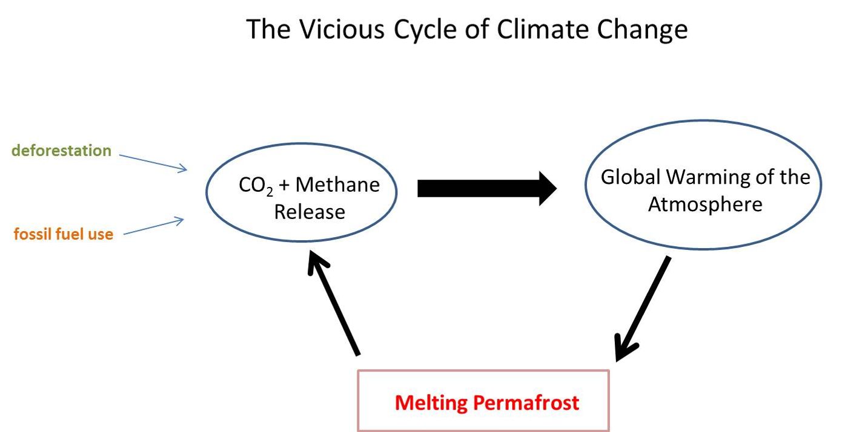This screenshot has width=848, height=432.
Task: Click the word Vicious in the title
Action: point(342,29)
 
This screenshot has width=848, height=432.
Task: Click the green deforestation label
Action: point(61,151)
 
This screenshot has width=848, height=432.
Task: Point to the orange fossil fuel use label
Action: point(63,234)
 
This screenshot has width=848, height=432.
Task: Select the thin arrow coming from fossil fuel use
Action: point(154,226)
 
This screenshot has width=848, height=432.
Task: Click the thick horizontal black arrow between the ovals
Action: point(487,188)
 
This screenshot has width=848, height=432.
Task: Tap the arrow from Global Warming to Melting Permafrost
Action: point(643,309)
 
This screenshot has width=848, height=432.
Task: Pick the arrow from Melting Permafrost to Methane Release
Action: point(334,303)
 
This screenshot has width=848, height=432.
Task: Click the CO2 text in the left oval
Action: point(256,186)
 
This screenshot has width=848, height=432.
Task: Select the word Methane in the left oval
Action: point(337,185)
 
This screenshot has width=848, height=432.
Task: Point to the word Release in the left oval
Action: point(310,212)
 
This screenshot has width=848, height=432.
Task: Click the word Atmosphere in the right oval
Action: point(705,205)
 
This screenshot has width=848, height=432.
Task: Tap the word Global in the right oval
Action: point(631,177)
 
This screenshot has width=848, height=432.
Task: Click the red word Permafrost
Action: point(526,402)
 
